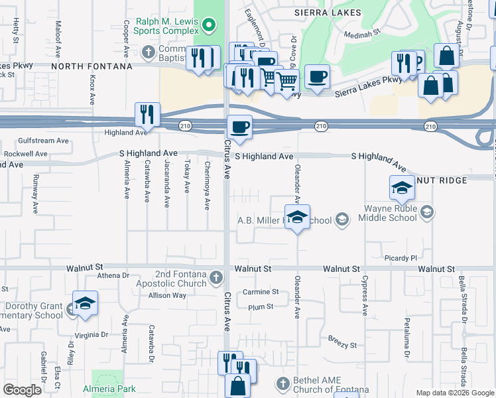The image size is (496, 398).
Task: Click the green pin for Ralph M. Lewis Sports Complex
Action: [210, 26]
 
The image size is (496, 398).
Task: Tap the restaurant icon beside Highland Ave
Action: [147, 113]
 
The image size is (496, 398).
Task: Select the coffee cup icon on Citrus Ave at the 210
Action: [239, 126]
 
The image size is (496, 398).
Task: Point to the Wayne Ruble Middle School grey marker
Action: [428, 212]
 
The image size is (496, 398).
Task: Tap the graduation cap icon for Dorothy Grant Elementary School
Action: [85, 303]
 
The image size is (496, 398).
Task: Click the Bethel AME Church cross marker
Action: [283, 383]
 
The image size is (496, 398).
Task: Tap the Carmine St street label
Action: [260, 292]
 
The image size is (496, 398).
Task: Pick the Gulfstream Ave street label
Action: [44, 141]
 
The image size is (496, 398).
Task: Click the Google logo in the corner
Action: [23, 390]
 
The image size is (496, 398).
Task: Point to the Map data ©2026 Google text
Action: [454, 393]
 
